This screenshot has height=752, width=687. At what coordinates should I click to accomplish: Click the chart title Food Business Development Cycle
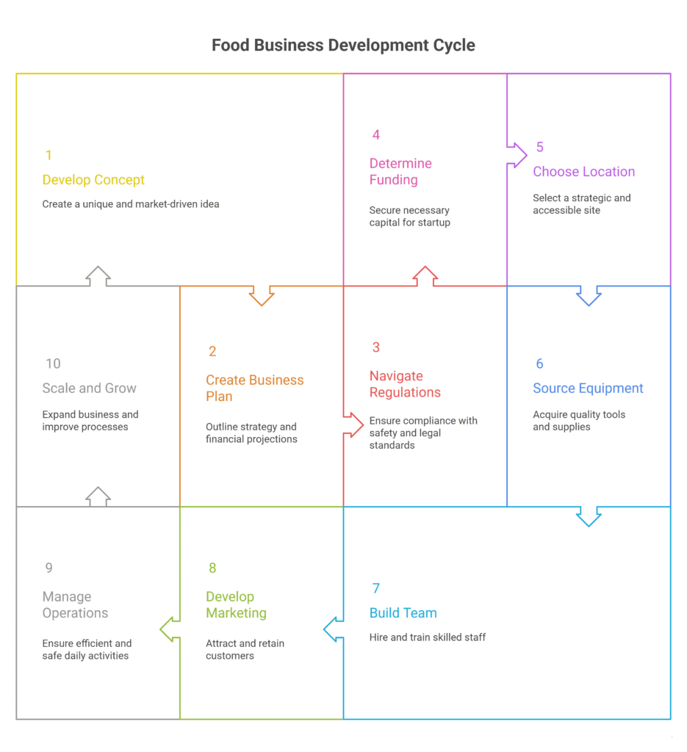tap(343, 45)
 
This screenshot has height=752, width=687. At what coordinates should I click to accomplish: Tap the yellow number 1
tap(48, 155)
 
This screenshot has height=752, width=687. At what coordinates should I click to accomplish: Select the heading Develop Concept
tap(93, 180)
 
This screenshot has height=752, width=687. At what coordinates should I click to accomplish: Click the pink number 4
tap(376, 134)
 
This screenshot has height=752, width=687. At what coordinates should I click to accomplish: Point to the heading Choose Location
tap(583, 172)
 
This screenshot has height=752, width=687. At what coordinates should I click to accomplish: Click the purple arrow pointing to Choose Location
tap(517, 154)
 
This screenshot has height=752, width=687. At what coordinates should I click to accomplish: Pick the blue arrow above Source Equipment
tap(589, 295)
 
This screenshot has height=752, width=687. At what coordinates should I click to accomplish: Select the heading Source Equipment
tap(588, 388)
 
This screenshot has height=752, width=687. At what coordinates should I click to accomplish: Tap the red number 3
tap(376, 347)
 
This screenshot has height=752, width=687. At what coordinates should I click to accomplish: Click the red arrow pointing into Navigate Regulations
tap(353, 424)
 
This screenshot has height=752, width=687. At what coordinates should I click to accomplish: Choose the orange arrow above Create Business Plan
tap(262, 295)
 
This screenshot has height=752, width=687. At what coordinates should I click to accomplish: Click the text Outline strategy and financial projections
tap(251, 433)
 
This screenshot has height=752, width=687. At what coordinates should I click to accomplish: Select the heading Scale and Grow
tap(89, 388)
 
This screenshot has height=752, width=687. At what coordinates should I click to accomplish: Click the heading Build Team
tap(403, 613)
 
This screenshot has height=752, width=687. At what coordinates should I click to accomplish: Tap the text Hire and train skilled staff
tap(427, 637)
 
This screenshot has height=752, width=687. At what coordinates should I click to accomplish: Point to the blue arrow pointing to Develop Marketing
tap(334, 629)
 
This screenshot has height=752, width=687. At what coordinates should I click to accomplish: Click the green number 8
tap(212, 568)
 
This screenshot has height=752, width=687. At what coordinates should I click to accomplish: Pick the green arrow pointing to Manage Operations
tap(170, 629)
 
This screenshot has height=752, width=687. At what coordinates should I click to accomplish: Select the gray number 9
tap(48, 568)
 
